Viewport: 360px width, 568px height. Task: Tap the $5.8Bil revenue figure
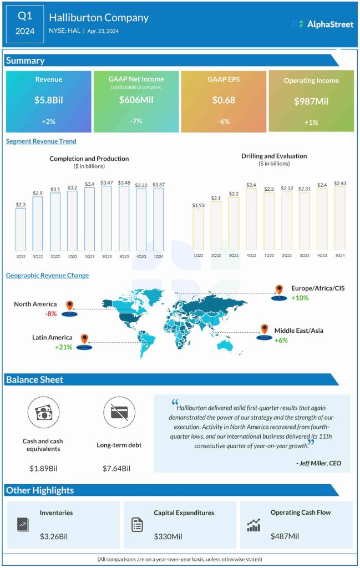[48, 100]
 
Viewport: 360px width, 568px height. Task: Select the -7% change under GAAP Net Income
[136, 120]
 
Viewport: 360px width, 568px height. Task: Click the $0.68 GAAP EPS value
[223, 100]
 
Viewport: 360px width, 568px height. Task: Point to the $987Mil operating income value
[311, 102]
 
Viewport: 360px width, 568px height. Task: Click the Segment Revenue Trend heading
[41, 141]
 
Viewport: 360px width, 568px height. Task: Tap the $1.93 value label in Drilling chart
[197, 205]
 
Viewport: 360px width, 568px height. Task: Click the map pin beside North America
[69, 305]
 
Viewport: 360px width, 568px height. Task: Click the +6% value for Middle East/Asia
[281, 340]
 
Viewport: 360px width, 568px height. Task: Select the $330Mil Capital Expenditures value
[169, 536]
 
